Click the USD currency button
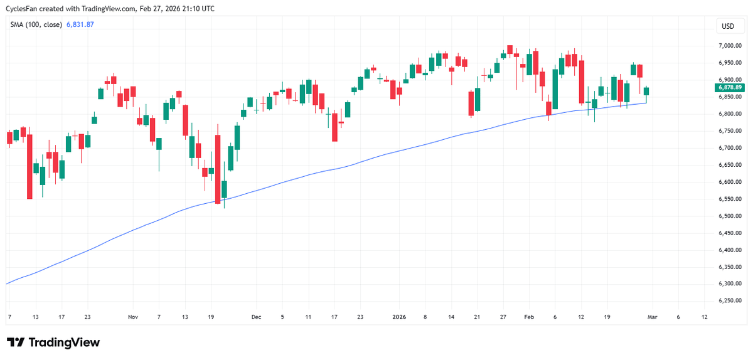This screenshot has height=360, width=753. click(728, 26)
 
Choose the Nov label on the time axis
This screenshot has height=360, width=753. click(132, 317)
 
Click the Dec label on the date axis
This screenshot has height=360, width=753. click(255, 317)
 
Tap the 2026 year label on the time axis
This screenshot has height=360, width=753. click(399, 317)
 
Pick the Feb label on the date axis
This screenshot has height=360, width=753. click(528, 317)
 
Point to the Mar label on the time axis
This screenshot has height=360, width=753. click(653, 317)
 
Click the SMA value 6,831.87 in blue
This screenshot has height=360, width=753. click(80, 24)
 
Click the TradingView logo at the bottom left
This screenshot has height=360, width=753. click(53, 342)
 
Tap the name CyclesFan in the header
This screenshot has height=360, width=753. click(23, 8)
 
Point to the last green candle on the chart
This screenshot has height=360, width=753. click(646, 92)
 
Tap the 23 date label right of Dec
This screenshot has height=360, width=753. click(360, 317)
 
